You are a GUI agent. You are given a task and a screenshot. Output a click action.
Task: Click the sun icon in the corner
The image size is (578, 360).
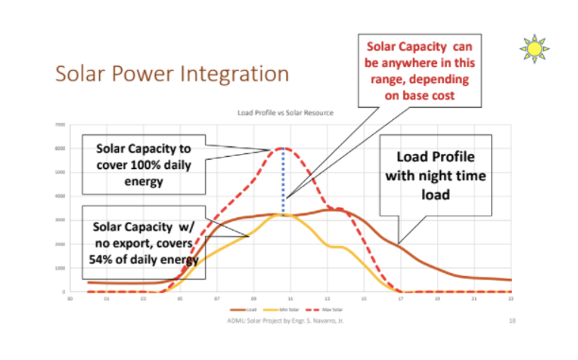(535, 47)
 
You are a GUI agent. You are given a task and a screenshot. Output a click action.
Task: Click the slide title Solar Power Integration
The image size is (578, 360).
(171, 73)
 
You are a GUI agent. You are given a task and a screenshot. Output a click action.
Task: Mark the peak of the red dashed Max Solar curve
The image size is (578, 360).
(282, 149)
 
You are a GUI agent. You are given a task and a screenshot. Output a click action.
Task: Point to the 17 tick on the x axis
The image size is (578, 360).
(400, 300)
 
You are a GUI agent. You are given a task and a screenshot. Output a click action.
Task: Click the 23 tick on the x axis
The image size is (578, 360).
(510, 300)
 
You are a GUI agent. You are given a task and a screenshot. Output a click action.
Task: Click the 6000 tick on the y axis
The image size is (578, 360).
(59, 149)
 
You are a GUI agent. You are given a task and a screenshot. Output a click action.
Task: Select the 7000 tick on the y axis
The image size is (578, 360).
(59, 125)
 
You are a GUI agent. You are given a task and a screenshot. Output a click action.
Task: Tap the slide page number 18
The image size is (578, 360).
(510, 321)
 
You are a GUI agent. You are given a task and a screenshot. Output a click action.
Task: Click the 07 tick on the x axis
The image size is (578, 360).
(217, 300)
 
